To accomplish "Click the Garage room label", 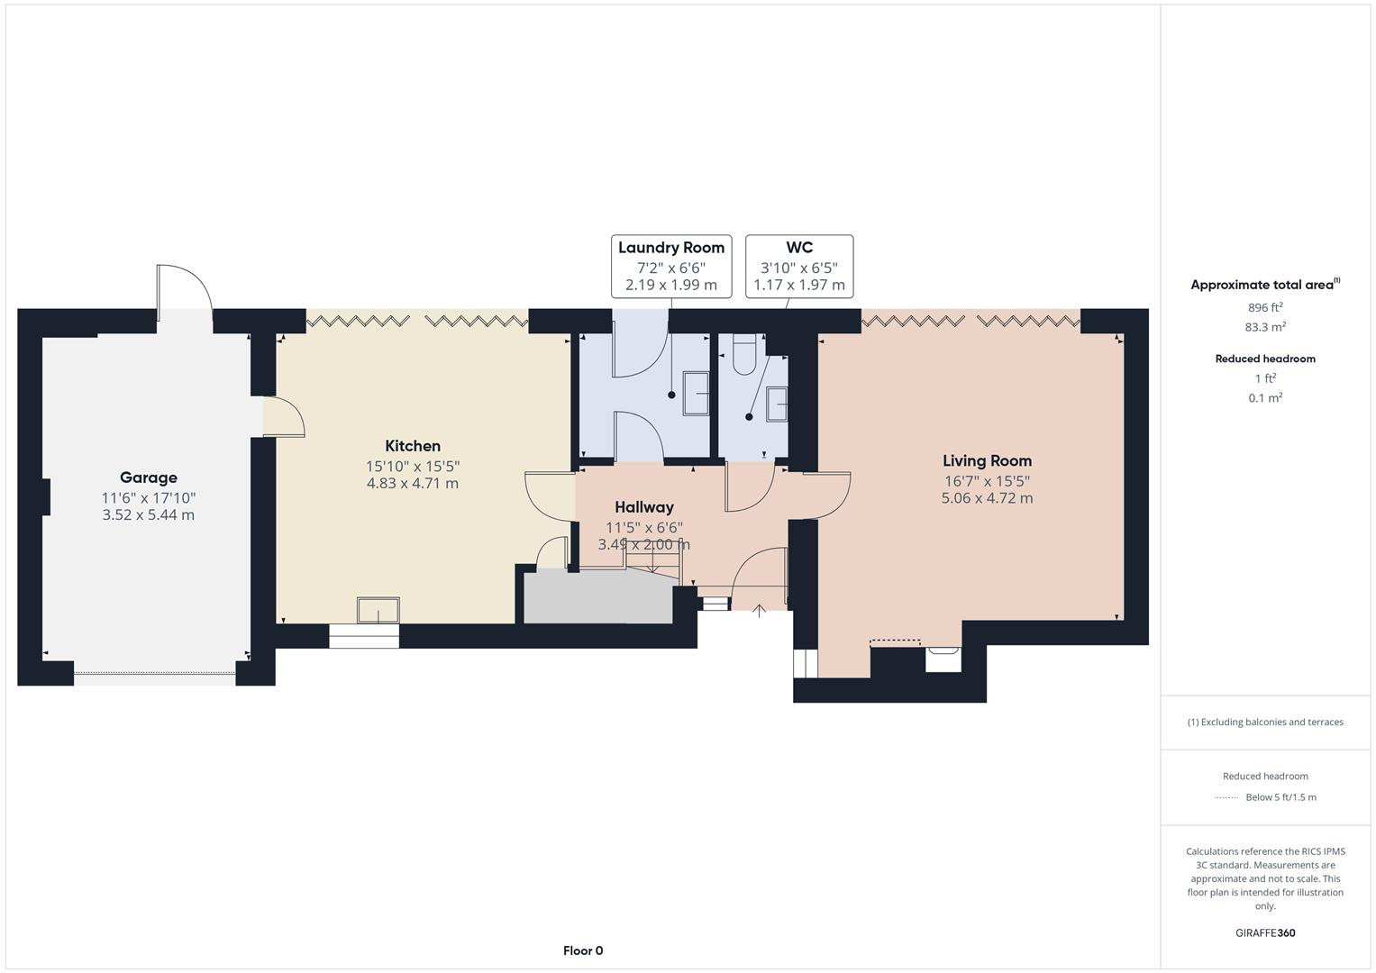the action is click(x=149, y=477).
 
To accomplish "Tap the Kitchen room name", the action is click(x=413, y=446).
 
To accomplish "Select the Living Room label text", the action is click(x=987, y=460).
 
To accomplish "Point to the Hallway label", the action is click(x=644, y=507).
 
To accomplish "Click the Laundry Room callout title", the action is click(x=671, y=248).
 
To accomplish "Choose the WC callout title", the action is click(x=799, y=247).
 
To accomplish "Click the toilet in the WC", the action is click(x=744, y=354).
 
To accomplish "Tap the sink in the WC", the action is click(x=777, y=405).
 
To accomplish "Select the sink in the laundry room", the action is click(x=696, y=393).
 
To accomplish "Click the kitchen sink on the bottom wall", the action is click(x=378, y=610).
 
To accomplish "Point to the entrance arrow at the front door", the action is click(x=760, y=611).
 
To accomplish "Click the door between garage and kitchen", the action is click(x=284, y=417).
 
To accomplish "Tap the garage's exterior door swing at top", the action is click(x=185, y=293).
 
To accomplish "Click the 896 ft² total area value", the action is click(x=1265, y=307).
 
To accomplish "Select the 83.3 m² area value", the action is click(x=1265, y=327).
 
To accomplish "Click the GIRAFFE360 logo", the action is click(x=1265, y=932).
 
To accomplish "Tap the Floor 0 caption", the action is click(x=583, y=950).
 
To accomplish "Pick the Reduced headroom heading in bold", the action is click(x=1265, y=359).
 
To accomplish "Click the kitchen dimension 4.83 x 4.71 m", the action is click(x=413, y=484).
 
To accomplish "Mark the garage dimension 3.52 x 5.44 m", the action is click(x=149, y=514).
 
